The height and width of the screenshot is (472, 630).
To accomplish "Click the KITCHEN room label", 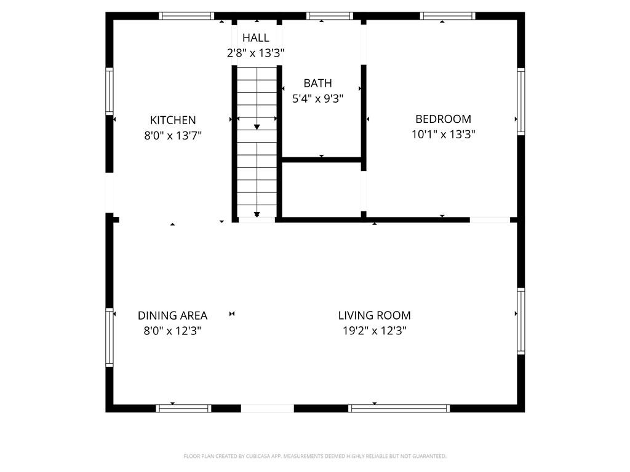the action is [x=173, y=120].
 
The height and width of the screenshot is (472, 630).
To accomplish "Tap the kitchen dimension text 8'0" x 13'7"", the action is [x=173, y=136].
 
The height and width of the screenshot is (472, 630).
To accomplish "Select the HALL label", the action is [x=255, y=37].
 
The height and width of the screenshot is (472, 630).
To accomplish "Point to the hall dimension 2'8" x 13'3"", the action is [x=255, y=53].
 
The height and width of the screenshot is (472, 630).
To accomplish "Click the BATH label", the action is [x=318, y=83].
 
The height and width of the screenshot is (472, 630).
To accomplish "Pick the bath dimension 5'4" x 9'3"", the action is [x=318, y=99].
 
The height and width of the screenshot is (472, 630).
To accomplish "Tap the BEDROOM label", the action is [x=443, y=119].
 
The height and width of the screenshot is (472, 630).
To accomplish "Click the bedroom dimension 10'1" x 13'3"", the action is [x=443, y=134].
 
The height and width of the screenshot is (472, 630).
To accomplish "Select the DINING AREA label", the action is [x=172, y=315].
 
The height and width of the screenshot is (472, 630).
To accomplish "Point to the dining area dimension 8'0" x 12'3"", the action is [x=172, y=331].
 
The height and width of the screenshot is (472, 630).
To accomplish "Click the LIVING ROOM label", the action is [x=375, y=315].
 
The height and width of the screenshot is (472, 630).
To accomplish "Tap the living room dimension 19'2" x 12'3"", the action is [x=375, y=331].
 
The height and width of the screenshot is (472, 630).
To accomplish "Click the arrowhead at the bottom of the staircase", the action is [x=257, y=214].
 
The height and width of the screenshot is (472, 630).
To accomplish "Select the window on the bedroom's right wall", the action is [x=520, y=101].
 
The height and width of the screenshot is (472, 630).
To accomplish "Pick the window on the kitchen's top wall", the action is [x=186, y=16].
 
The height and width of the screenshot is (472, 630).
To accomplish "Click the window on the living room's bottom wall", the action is [x=399, y=409].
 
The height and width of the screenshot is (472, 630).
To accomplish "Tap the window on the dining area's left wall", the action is [x=110, y=337].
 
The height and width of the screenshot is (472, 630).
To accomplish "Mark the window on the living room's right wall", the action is [x=520, y=321].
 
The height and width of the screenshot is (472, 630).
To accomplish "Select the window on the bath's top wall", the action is [x=330, y=16].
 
